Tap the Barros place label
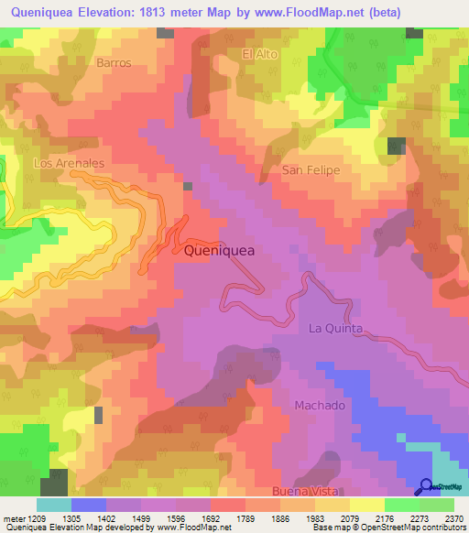pos(114,63)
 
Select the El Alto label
pos(259,54)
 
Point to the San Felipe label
pos(311,170)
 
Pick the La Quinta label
pos(336,328)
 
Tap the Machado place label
pos(320,405)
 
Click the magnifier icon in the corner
pos(427,487)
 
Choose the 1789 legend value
pos(243,517)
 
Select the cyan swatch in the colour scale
pos(53,505)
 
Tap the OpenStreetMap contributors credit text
pos(407,528)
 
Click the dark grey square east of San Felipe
pos(397,146)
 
